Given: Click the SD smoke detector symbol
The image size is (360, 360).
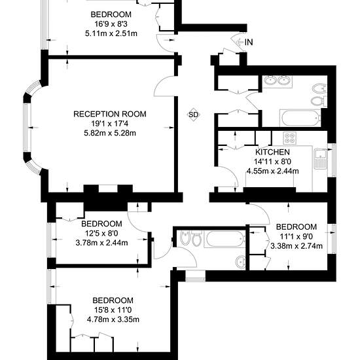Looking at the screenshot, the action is pos(193,115).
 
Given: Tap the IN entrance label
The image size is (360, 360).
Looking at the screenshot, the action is pos(249,43).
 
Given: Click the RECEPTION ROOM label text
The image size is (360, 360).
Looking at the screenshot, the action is pos(110,114).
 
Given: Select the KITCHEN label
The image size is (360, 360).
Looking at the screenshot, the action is pos(272,152).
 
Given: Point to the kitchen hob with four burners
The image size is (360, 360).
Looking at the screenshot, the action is pos(289,138).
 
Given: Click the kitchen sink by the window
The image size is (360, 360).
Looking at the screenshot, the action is pos(321,158).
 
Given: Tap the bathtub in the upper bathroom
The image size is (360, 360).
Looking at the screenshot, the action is pos(300,118).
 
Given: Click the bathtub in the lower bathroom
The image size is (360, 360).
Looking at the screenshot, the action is pos(225,239).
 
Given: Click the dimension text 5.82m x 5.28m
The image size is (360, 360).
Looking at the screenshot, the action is pos(110,133).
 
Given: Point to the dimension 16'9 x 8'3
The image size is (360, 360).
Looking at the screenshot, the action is pos(111,24).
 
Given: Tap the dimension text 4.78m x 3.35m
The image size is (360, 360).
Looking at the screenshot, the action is pos(113,319).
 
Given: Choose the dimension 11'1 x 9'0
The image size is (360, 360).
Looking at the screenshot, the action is pos(296,236).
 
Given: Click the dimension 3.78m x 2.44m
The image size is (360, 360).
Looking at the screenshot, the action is pos(101,243).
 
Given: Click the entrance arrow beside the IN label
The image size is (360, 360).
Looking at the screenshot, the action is pos(240,42).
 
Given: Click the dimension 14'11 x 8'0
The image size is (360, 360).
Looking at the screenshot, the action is pos(272,162).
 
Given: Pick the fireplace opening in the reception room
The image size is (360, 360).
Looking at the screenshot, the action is pos(108,189).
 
